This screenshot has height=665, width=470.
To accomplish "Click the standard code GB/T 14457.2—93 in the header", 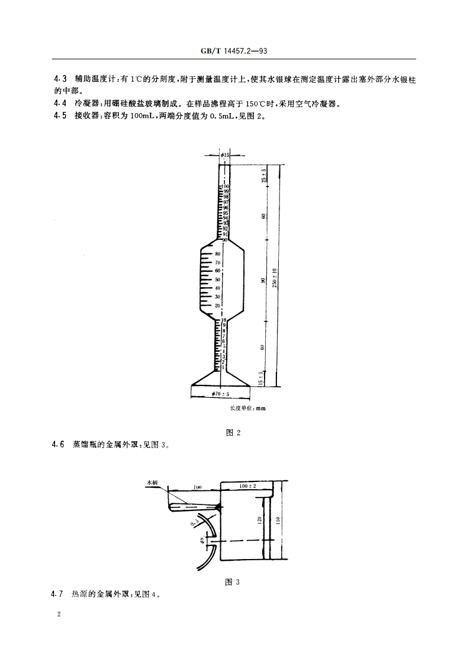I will (234, 52).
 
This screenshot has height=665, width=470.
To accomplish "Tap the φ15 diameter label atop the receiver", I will (224, 155).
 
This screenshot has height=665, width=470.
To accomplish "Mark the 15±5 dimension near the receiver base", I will (261, 378).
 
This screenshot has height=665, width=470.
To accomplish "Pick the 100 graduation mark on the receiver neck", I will (226, 187).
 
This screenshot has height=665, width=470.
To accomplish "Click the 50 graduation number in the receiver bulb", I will (217, 279).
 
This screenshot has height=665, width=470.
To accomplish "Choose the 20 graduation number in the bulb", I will (217, 305).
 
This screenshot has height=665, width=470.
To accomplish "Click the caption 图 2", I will (234, 433).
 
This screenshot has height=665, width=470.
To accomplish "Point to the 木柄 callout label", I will (152, 483).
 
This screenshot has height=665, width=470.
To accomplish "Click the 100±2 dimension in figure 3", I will (247, 486).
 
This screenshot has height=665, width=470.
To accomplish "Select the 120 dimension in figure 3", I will (259, 520).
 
